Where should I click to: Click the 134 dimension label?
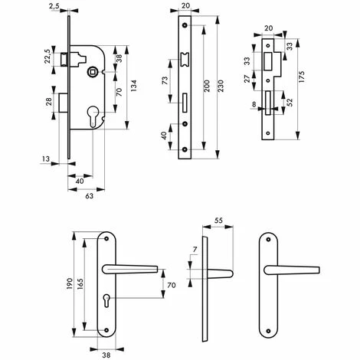click(134, 86)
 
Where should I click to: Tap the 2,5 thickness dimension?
click(54, 6)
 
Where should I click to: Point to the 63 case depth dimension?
click(89, 196)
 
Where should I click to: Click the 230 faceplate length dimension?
click(221, 86)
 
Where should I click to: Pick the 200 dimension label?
click(207, 86)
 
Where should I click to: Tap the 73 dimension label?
click(165, 80)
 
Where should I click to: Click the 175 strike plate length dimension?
click(302, 77)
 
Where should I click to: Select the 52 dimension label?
click(290, 103)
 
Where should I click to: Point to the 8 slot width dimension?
click(254, 104)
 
